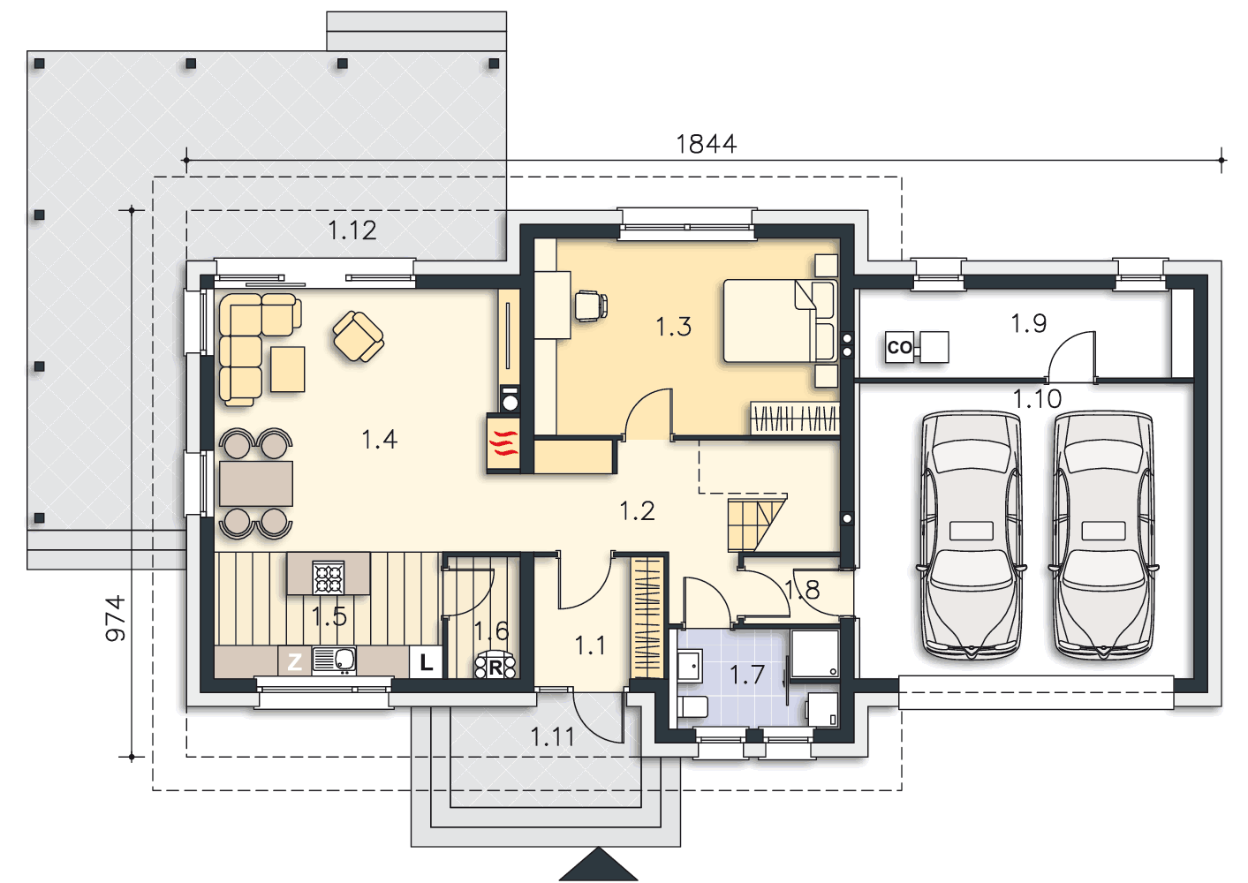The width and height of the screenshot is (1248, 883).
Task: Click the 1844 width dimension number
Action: point(706,144)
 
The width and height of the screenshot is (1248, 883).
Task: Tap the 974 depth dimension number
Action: point(116,618)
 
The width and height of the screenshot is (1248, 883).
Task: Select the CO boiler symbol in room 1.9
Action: point(899,347)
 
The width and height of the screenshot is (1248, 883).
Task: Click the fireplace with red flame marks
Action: point(503,443)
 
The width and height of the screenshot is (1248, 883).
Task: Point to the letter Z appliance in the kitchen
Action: point(294,662)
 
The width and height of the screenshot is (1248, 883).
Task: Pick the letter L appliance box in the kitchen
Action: point(426,662)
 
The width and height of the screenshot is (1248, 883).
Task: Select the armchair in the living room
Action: point(359,336)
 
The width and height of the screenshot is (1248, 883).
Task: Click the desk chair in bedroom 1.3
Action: point(591,306)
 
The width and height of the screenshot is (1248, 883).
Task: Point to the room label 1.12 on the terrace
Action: point(352,230)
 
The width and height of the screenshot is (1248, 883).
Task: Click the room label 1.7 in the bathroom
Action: point(746,675)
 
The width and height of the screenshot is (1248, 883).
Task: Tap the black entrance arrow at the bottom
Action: point(598,864)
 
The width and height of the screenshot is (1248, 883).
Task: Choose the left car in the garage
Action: point(971,535)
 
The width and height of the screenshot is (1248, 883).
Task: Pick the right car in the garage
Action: point(1103,535)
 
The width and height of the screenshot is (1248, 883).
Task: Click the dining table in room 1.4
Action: point(256,484)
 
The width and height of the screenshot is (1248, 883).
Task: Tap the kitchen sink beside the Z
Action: point(334,661)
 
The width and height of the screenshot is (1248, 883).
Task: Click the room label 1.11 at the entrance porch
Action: point(552,737)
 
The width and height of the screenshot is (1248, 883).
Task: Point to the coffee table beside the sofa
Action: point(287,369)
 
